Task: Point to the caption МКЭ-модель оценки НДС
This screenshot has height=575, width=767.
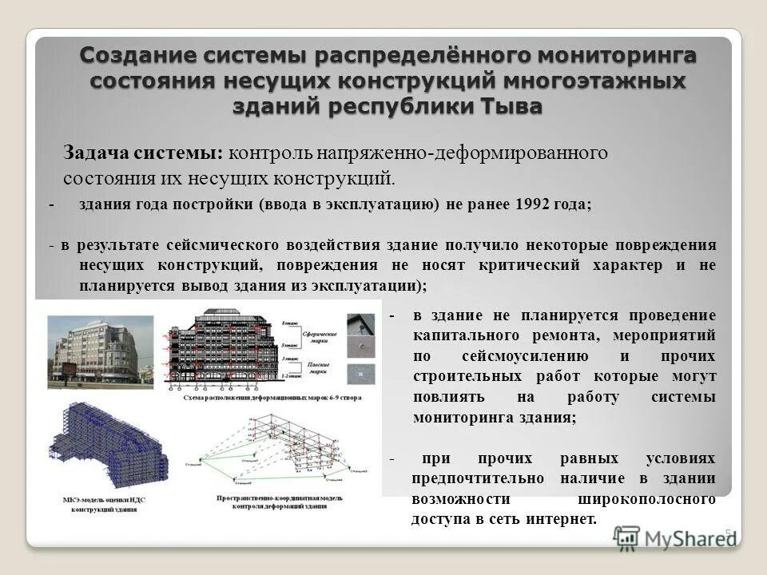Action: coord(104,500)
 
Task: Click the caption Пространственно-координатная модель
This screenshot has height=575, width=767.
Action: coord(280,498)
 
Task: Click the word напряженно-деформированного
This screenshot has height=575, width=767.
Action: coord(468,152)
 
